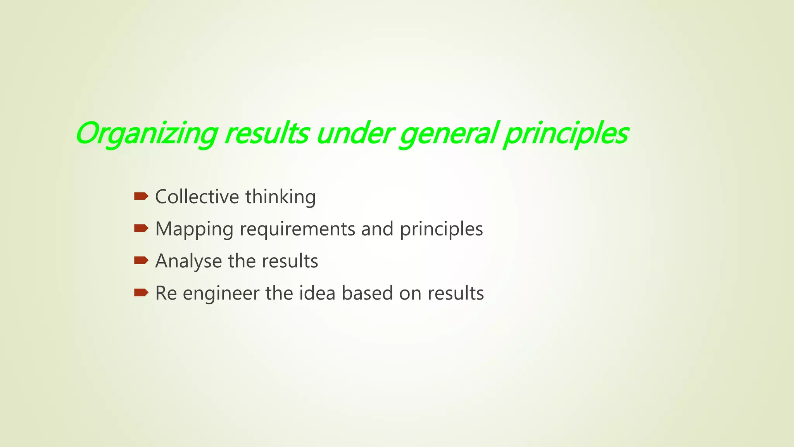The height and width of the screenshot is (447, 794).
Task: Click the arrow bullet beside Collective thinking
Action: [x=141, y=196]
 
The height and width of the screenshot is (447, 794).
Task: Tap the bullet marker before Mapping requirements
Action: [x=141, y=229]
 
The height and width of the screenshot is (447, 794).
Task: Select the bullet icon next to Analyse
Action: [x=141, y=260]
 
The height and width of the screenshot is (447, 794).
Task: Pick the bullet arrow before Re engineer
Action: [x=141, y=293]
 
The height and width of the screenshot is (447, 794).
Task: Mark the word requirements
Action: [x=297, y=229]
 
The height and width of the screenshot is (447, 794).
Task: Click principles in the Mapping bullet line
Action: [x=441, y=229]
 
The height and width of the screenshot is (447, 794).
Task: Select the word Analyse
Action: [x=188, y=261]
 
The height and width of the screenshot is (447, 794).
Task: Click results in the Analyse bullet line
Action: [x=290, y=261]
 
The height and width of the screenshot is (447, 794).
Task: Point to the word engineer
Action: [x=221, y=293]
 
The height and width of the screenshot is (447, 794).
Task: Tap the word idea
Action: [x=317, y=293]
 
